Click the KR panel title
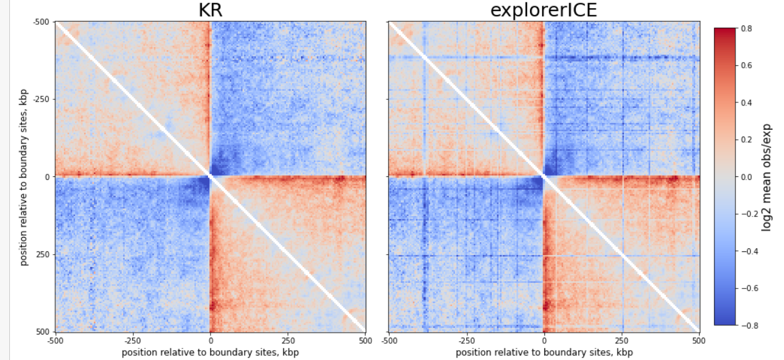tap(210, 11)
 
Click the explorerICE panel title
tap(544, 11)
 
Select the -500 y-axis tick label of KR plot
tap(41, 22)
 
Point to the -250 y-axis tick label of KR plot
tap(41, 99)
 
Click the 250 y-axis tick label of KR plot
tap(43, 254)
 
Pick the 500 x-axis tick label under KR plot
tap(365, 340)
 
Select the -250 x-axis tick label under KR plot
tap(132, 340)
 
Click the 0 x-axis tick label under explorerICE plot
tap(544, 340)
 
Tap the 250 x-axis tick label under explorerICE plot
tap(621, 340)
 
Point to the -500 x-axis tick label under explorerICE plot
tap(389, 340)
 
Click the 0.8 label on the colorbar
tap(747, 29)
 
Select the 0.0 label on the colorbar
tap(747, 177)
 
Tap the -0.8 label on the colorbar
tap(749, 325)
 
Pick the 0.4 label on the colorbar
tap(747, 102)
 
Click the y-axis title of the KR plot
tap(24, 177)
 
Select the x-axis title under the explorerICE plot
tap(544, 353)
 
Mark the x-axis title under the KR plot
tap(210, 353)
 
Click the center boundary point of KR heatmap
tap(210, 177)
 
